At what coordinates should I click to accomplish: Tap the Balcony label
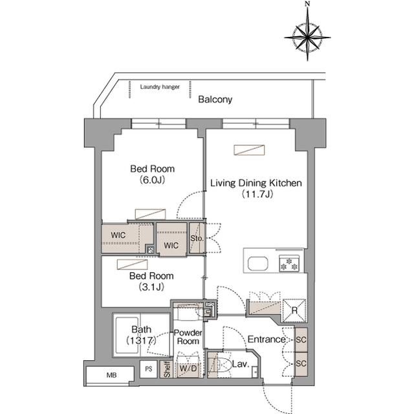coord(215,100)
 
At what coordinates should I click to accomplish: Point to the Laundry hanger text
coord(160,87)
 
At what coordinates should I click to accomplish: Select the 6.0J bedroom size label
coord(153,180)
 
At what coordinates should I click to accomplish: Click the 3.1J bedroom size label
coord(151,287)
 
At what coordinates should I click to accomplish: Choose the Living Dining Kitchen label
coord(256,183)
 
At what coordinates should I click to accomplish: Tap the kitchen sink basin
coord(257,263)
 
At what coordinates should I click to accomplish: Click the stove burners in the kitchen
coord(289,264)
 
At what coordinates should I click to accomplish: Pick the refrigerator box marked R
coord(294,310)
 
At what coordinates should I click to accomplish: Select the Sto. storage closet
coord(197,238)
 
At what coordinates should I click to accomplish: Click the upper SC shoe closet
coord(301,339)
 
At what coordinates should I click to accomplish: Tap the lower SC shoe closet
coord(301,363)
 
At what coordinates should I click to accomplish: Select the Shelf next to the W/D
coord(167,369)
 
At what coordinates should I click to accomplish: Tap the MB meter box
coord(110,375)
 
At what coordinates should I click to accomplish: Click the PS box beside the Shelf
coord(149,369)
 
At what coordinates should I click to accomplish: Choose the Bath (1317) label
coord(141,335)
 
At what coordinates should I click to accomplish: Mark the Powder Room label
coord(188,337)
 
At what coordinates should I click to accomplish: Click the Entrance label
coord(266,339)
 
